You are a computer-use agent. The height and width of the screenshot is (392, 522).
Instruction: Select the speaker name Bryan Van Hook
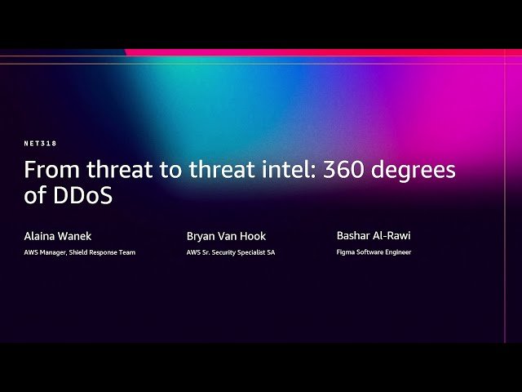pyautogui.click(x=226, y=236)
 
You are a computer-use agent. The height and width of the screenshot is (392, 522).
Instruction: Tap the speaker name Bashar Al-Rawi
pyautogui.click(x=374, y=235)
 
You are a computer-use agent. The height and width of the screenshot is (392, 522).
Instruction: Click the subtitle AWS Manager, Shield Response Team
pyautogui.click(x=79, y=252)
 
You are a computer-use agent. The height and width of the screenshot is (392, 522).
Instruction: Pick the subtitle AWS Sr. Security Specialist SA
pyautogui.click(x=231, y=252)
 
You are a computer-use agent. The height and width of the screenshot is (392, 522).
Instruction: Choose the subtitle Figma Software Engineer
pyautogui.click(x=374, y=252)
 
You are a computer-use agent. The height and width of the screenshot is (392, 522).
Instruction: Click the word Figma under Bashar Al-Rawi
pyautogui.click(x=346, y=252)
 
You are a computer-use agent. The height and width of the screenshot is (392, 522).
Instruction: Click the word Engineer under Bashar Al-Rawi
pyautogui.click(x=397, y=252)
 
